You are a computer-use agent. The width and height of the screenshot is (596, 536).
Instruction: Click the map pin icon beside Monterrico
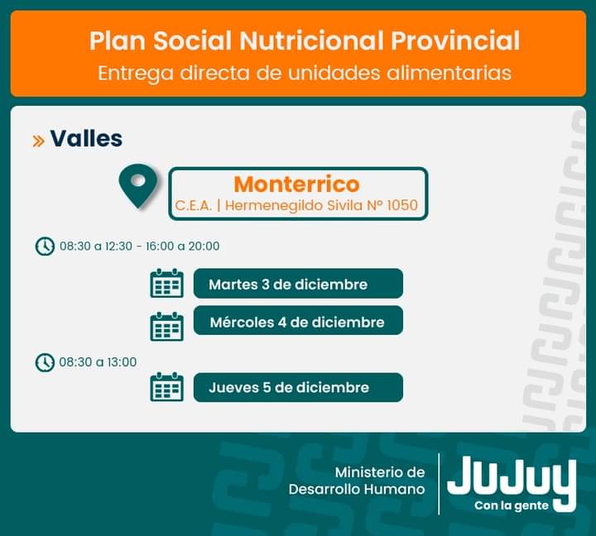tap(138, 185)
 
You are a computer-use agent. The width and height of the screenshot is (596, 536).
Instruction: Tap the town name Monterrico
tap(296, 184)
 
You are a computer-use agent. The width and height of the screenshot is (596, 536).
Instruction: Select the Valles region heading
tap(86, 138)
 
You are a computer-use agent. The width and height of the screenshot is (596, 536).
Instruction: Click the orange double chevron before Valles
tap(38, 141)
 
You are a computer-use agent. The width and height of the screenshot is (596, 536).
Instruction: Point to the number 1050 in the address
tap(402, 205)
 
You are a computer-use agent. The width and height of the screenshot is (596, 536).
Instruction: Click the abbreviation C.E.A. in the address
tap(193, 205)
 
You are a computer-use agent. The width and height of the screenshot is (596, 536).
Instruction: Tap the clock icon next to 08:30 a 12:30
tap(45, 246)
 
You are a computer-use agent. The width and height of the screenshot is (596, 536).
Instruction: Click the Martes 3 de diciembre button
tap(298, 284)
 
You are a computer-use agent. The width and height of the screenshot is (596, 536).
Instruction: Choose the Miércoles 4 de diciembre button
tap(298, 321)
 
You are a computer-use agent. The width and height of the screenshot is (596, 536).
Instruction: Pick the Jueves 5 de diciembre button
tap(298, 387)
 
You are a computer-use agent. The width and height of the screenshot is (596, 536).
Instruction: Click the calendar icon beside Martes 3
tap(167, 283)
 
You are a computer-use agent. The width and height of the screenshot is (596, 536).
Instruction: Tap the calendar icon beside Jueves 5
tap(167, 387)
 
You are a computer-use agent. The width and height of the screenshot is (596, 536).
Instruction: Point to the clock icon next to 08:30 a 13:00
tap(45, 362)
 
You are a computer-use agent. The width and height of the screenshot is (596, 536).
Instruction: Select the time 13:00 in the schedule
tap(122, 362)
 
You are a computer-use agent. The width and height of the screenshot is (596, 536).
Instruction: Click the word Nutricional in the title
tap(312, 41)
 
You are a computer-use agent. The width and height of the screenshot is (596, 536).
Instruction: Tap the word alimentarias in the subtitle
tap(449, 73)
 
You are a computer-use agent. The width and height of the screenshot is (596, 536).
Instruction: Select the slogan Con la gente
tap(512, 505)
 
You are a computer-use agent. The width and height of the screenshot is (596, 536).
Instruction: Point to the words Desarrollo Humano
tap(357, 490)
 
